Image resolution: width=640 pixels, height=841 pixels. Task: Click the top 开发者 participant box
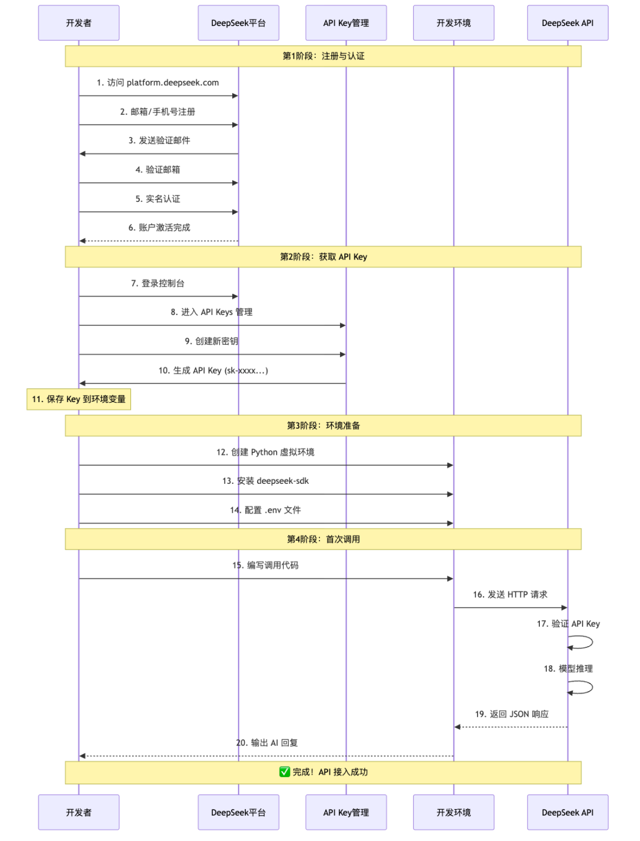click(x=79, y=23)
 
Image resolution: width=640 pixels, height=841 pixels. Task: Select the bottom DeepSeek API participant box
click(x=567, y=812)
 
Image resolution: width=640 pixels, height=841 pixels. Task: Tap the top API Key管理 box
click(x=345, y=23)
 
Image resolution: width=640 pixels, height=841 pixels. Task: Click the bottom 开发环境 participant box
click(x=453, y=812)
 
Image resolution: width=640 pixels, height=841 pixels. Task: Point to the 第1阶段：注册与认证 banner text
click(x=323, y=56)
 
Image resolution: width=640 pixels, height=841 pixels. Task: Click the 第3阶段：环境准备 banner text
click(x=323, y=425)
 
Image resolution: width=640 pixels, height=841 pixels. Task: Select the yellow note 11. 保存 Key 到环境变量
click(x=79, y=399)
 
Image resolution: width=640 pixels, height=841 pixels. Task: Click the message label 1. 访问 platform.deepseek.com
click(x=158, y=82)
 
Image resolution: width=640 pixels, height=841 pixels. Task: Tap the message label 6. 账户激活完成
click(x=159, y=227)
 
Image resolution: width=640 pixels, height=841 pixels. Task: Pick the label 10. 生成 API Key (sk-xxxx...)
click(x=213, y=370)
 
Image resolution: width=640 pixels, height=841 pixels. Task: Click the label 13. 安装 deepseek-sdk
click(x=265, y=480)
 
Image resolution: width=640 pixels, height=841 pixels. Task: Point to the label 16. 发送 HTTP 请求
click(x=510, y=594)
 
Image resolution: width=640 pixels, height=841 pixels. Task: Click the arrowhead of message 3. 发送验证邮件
click(x=82, y=153)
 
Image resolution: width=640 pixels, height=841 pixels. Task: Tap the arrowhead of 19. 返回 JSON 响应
click(x=457, y=727)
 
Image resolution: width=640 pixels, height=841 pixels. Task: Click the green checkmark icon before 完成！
click(x=284, y=771)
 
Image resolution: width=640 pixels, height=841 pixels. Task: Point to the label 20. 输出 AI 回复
click(x=267, y=743)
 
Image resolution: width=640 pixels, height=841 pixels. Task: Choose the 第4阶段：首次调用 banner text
click(x=323, y=539)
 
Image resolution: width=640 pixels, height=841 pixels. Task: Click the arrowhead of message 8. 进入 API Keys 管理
click(x=343, y=325)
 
